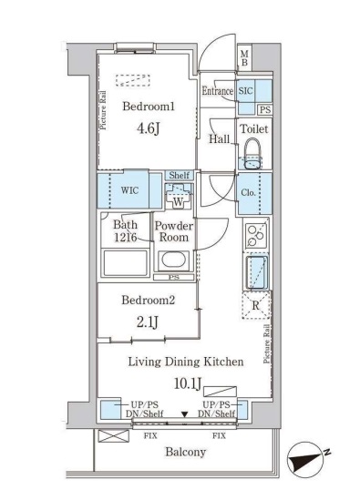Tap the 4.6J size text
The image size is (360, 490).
[x=148, y=128]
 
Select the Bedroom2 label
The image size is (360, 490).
[x=147, y=300]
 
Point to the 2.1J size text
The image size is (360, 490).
[x=146, y=320]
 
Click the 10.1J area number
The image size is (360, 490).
[x=184, y=382]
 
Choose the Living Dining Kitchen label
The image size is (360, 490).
[x=184, y=362]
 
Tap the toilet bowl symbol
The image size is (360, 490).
[x=253, y=151]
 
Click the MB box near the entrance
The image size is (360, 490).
[x=243, y=60]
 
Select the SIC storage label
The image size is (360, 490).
[x=246, y=91]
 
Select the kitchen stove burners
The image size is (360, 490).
[x=253, y=235]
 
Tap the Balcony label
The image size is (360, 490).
[x=185, y=452]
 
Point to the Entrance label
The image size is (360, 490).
[x=218, y=91]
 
